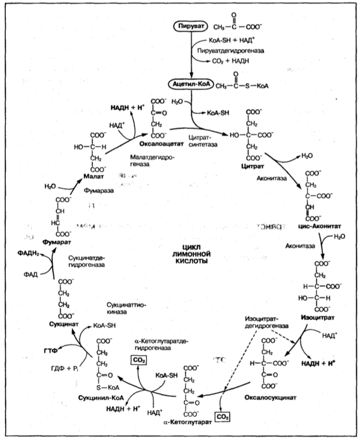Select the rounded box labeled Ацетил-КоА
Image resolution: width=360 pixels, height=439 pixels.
coord(188,86)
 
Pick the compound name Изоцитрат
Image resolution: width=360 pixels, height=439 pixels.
coord(314,317)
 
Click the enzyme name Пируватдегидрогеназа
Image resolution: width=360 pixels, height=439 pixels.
coord(228,49)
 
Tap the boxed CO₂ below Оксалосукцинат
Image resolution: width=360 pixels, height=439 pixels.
coord(222,417)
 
